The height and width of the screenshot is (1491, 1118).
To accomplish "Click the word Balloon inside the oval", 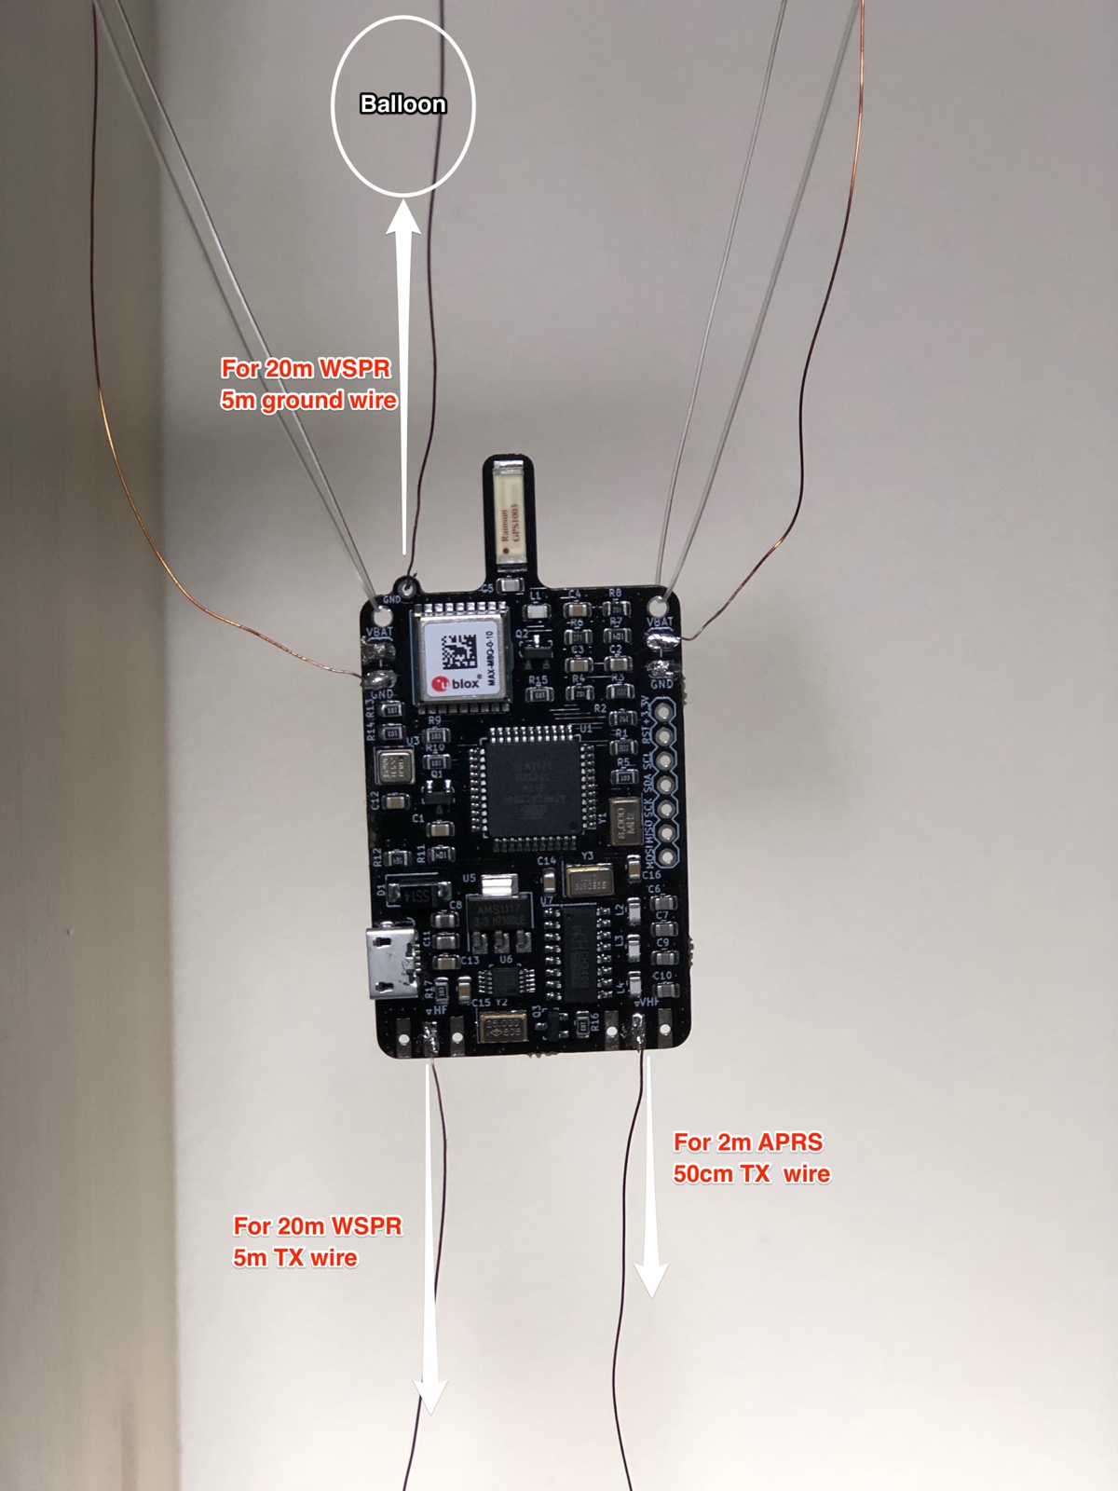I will point(402,104).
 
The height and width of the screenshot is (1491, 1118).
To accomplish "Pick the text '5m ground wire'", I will point(308,401).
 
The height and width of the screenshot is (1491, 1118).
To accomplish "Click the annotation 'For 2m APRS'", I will point(748,1142).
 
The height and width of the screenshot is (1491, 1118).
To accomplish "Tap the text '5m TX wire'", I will point(294,1258).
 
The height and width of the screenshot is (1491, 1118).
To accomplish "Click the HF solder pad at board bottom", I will point(431,1036).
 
